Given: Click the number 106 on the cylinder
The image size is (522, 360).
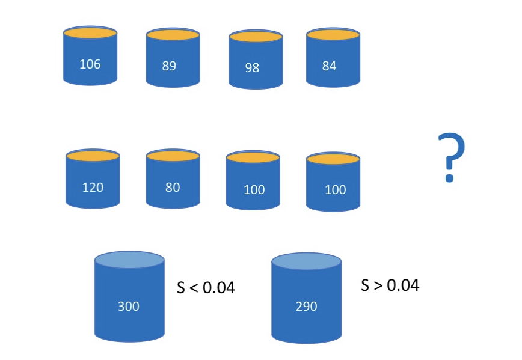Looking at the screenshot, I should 90,63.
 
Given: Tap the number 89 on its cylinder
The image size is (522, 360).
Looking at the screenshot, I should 169,66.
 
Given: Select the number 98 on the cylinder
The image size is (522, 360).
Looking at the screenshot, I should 252,67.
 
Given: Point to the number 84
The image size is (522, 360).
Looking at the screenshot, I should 329,66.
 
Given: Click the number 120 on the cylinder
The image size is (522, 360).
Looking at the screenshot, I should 93,187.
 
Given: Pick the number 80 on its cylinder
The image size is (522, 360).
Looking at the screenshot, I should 172,187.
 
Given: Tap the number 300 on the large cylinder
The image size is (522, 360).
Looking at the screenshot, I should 129,307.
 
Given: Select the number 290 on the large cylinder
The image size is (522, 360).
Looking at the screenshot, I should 306,307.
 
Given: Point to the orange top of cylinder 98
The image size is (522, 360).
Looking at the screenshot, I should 256,37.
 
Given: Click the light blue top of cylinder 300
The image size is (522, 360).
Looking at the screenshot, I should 129,260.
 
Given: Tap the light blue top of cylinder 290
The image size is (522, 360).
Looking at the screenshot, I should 307,260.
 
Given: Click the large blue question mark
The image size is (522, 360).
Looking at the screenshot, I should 450,157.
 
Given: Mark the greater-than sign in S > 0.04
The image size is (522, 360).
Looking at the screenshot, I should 378,285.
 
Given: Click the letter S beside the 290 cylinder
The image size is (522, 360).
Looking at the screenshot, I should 365,285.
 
